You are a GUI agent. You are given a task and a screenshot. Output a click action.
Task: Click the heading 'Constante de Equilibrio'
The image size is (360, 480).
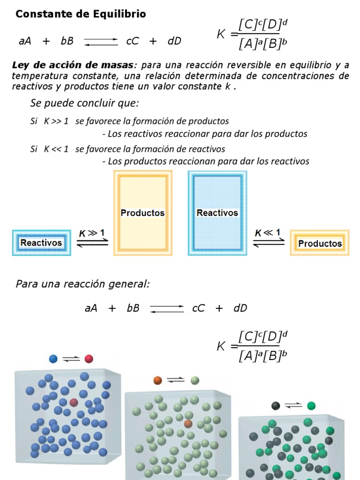(81, 15)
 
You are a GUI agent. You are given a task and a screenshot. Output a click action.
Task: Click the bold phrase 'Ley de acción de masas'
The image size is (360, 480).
(73, 65)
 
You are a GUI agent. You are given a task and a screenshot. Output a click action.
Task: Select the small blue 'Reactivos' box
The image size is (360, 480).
(41, 243)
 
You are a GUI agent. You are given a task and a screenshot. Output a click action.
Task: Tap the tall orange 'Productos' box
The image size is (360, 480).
(142, 213)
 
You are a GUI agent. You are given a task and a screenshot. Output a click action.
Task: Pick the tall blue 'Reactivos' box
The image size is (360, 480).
(217, 213)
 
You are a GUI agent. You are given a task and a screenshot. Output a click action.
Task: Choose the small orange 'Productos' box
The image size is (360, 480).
(320, 243)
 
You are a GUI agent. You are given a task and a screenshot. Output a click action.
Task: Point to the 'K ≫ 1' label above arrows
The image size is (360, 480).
(92, 233)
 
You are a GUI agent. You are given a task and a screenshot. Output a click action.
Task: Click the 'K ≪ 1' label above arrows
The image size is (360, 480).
(268, 233)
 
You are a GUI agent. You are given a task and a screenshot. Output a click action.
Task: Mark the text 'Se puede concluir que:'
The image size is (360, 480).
(84, 103)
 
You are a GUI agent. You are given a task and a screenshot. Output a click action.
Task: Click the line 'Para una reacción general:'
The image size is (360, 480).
(82, 284)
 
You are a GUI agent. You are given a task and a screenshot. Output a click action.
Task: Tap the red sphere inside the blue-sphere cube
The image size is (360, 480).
(74, 402)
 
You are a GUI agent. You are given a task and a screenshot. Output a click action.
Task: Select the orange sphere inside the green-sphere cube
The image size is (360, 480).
(188, 424)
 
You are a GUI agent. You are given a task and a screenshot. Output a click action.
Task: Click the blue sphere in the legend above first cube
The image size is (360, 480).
(53, 359)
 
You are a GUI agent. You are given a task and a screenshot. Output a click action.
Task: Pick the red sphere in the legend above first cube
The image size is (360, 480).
(89, 359)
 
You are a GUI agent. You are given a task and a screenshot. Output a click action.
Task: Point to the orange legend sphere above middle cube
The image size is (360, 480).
(157, 380)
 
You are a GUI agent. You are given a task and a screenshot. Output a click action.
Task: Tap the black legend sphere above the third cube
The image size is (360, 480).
(276, 405)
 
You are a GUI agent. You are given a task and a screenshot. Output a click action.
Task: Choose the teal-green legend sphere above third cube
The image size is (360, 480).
(311, 405)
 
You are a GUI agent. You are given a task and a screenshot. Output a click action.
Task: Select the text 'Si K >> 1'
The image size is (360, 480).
(49, 121)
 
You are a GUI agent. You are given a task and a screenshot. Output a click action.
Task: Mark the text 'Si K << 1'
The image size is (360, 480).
(49, 149)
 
